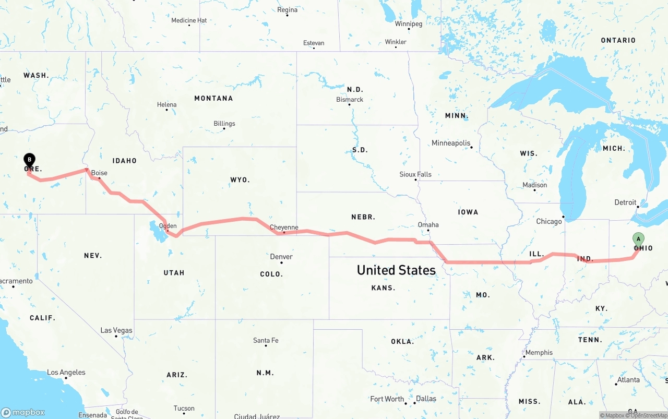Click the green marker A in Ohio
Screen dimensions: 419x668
click(638, 239)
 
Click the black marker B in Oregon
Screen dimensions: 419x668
click(30, 159)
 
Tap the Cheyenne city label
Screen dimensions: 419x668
click(284, 227)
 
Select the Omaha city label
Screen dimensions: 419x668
click(428, 225)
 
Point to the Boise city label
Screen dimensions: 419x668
click(99, 173)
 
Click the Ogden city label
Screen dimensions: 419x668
click(168, 226)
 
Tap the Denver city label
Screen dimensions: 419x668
click(281, 256)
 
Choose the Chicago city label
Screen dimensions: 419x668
click(549, 221)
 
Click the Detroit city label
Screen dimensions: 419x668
click(625, 202)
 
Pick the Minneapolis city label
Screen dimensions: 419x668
click(451, 143)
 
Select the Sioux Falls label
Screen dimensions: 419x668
click(415, 174)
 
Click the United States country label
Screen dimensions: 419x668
click(396, 270)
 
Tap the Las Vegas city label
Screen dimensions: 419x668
click(116, 330)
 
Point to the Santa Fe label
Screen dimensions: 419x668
click(266, 340)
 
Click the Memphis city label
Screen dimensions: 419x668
click(539, 352)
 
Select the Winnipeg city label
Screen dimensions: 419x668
click(409, 23)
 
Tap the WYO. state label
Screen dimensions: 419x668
click(240, 179)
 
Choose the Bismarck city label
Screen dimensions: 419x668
click(350, 99)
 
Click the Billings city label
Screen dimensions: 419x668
click(224, 124)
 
